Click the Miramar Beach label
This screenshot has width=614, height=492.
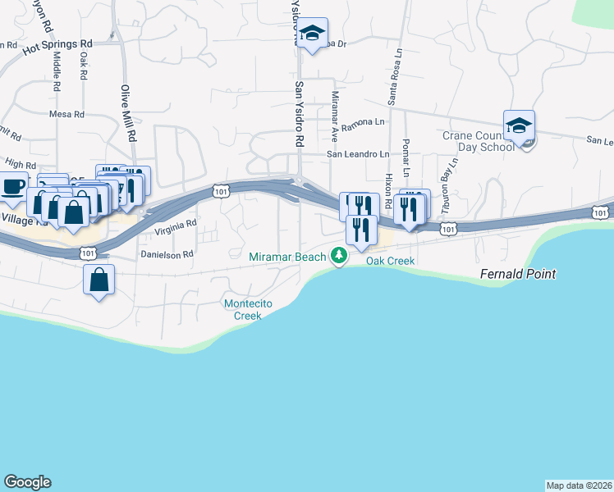tap(287, 257)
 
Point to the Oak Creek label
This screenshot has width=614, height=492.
tap(390, 262)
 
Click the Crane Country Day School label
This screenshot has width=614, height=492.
tap(478, 141)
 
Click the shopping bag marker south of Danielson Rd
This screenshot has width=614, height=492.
tap(99, 280)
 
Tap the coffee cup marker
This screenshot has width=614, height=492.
tap(13, 187)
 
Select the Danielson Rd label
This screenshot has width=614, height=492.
tap(167, 254)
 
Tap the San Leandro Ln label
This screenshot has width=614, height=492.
tap(358, 153)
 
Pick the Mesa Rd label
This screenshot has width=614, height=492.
tap(66, 115)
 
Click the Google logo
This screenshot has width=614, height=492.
tap(27, 482)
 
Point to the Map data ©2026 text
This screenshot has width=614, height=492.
tap(579, 485)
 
